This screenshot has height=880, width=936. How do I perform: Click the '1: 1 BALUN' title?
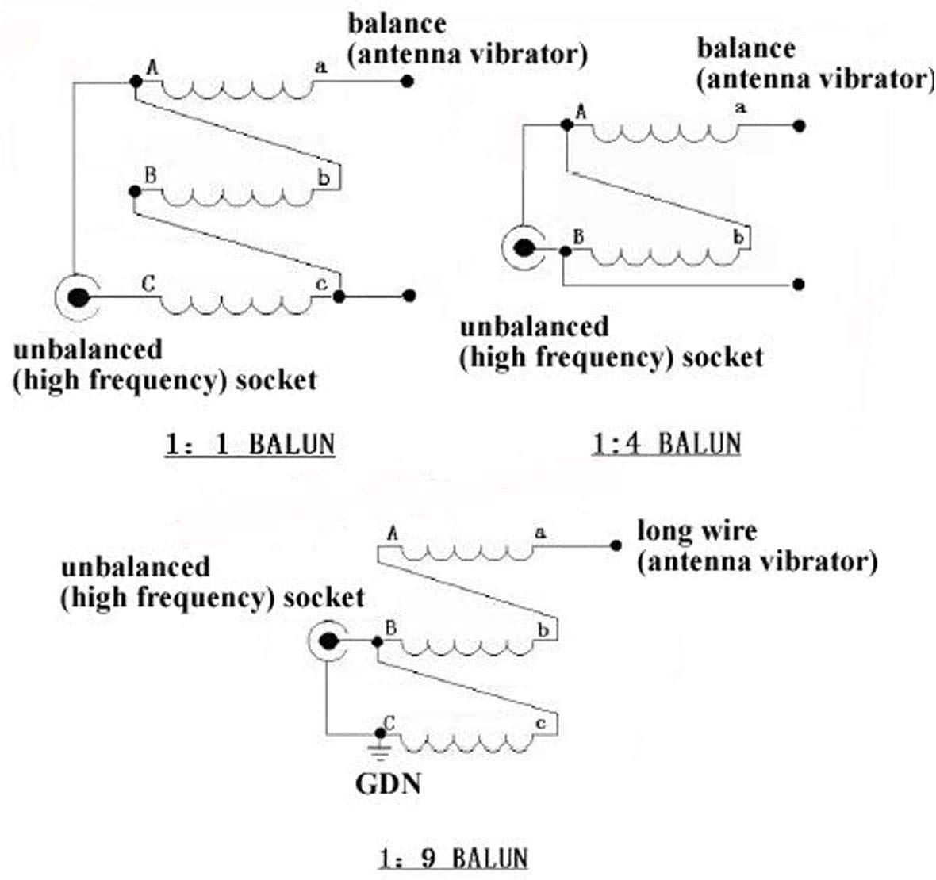tap(250, 444)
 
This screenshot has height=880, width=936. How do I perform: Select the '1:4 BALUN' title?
tap(666, 443)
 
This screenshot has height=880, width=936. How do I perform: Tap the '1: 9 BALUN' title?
tap(453, 858)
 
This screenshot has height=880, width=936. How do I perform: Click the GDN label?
tap(388, 784)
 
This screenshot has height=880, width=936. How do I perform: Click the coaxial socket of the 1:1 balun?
tap(78, 297)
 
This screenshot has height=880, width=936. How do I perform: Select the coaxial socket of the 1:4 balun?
tap(523, 249)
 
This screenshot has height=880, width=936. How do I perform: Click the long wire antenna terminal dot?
tap(615, 545)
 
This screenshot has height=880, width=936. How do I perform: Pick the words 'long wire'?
tap(696, 530)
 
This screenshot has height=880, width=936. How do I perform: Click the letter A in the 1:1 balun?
tap(152, 68)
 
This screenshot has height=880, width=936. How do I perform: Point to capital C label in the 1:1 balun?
tap(148, 282)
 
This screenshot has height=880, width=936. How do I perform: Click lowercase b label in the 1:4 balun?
tap(738, 237)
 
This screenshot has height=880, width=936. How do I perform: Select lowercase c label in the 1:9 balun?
tap(541, 723)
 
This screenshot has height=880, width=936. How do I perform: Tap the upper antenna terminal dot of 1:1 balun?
tap(407, 81)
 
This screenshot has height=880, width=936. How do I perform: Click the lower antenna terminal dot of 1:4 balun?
tap(799, 284)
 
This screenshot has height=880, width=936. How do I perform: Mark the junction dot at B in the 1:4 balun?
tap(565, 251)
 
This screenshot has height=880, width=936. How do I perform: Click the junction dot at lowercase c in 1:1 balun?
tap(339, 297)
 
